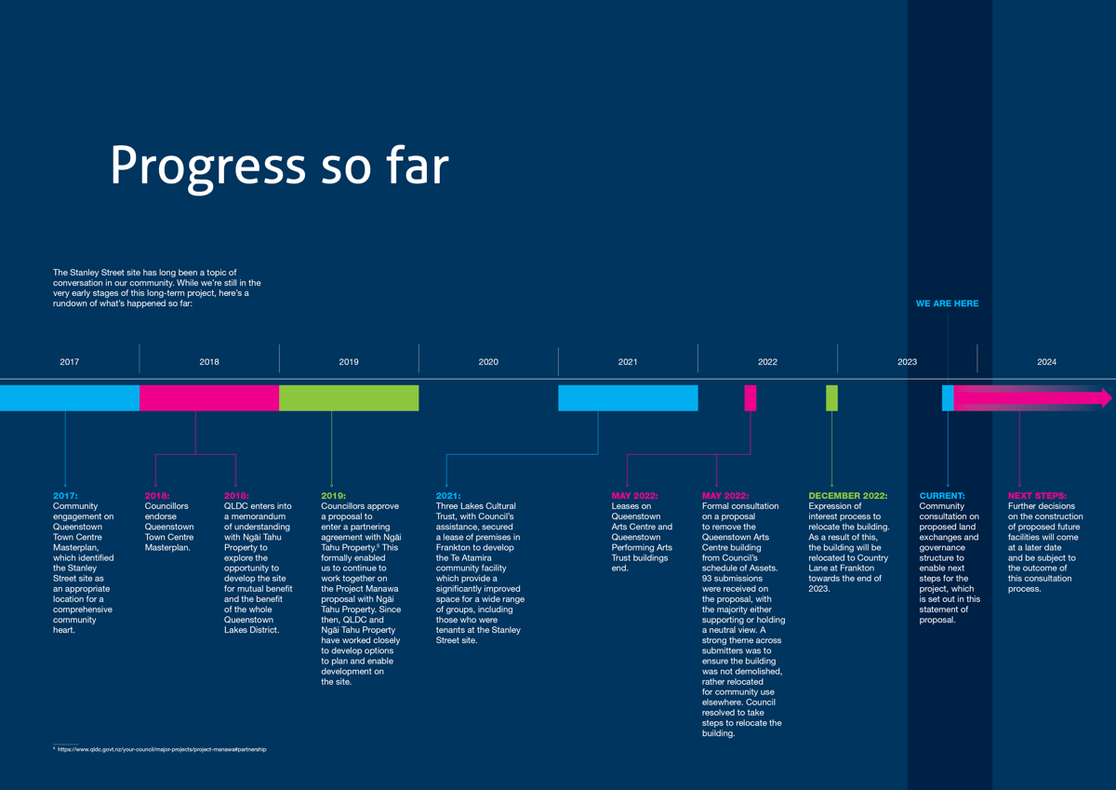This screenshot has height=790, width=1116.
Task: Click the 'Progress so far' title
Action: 279,166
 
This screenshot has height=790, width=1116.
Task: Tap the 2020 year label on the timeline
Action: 488,362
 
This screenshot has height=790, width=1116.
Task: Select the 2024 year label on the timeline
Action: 1046,362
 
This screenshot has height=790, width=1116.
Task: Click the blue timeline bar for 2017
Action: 70,397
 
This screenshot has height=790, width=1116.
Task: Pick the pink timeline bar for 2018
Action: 209,397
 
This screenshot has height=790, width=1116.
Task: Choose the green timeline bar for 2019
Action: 349,397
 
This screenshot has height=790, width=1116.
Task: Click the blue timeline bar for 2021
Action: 628,397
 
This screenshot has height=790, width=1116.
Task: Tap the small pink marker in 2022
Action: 751,397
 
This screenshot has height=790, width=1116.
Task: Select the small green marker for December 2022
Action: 831,397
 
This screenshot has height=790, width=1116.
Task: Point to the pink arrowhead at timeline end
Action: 1106,398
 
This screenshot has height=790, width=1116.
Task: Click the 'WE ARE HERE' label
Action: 947,303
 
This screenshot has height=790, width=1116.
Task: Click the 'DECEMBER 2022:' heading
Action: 847,496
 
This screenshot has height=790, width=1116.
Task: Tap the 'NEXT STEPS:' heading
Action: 1037,496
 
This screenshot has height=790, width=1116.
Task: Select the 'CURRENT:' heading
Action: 942,496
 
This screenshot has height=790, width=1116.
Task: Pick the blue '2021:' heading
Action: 449,496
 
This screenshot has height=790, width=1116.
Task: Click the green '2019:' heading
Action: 334,496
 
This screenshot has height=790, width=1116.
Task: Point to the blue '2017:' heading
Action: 65,496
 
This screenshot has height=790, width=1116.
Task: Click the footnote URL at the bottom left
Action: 162,749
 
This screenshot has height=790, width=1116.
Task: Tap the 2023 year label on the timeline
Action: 907,362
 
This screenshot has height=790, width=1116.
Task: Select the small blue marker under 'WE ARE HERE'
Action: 948,397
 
